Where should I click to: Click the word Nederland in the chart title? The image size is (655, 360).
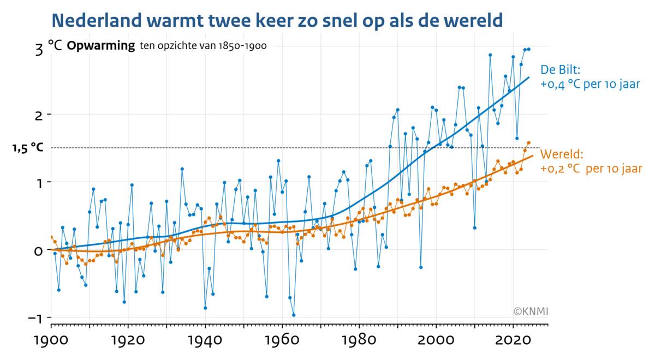tap(97, 21)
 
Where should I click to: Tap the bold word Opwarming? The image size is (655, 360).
tap(100, 46)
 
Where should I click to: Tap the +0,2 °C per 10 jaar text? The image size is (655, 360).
tap(591, 169)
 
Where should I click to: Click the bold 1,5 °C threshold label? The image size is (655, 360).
tap(28, 147)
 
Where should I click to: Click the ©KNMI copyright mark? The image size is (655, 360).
tap(531, 311)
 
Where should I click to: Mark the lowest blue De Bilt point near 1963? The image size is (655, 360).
tap(294, 315)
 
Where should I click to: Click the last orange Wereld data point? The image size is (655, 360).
tap(528, 143)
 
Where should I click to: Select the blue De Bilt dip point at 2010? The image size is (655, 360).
tap(475, 227)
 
